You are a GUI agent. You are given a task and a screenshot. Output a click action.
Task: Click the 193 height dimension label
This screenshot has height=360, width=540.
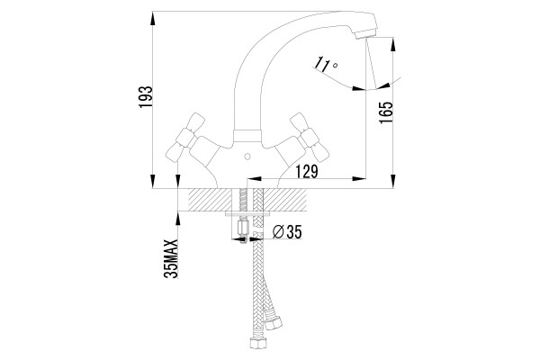[x=145, y=97]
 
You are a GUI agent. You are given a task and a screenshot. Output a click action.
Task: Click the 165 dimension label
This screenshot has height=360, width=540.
[x=385, y=112]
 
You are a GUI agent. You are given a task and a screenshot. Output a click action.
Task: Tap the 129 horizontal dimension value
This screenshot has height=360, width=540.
[x=306, y=171]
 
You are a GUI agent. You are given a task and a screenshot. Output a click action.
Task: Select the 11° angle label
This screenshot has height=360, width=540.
[x=326, y=65]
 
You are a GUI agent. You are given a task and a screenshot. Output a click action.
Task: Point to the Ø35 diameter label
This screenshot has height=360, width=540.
[x=287, y=232]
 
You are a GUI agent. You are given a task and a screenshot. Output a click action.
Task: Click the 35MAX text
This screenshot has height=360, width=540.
[x=171, y=258]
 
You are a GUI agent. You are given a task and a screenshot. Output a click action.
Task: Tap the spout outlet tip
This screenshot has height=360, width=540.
[x=365, y=34]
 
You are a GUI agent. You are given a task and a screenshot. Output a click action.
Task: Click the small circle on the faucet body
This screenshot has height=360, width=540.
[x=247, y=157]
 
